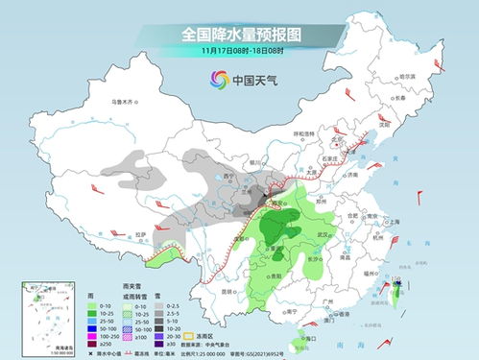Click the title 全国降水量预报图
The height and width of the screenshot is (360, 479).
click(x=239, y=36)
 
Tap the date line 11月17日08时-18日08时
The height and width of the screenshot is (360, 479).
click(x=239, y=52)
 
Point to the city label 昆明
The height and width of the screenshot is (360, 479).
click(x=227, y=291)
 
